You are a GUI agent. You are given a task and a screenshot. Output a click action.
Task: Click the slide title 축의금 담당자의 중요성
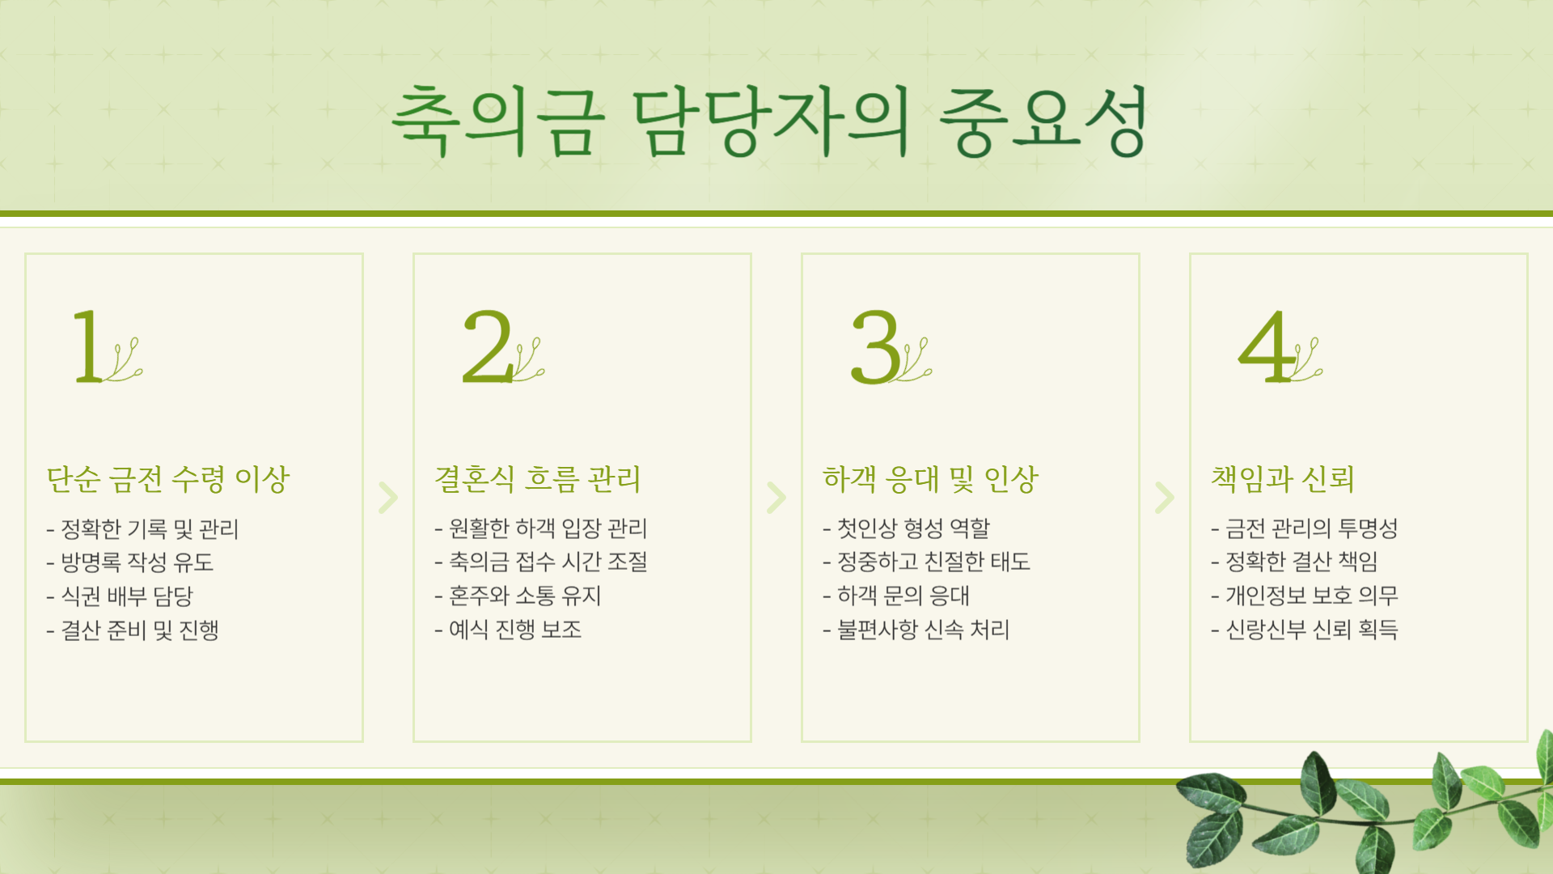click(768, 121)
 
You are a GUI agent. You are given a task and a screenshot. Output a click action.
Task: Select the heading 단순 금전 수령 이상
click(167, 479)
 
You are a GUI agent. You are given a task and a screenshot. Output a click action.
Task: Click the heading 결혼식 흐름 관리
click(537, 479)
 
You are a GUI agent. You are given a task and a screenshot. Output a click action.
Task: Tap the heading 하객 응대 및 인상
click(930, 479)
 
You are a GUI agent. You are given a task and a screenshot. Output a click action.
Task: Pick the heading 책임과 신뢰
click(1282, 479)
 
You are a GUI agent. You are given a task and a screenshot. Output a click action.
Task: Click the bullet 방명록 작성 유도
click(136, 562)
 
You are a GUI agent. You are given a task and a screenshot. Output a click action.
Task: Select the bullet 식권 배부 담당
click(126, 596)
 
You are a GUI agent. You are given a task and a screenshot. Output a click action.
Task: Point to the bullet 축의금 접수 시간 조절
click(548, 562)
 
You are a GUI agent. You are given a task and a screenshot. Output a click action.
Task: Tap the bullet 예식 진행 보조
click(514, 630)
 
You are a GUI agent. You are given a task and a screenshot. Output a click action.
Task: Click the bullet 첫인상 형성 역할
click(912, 528)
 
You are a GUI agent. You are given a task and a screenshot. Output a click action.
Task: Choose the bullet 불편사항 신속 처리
click(922, 630)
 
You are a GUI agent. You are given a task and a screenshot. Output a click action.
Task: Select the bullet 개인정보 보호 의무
click(1311, 596)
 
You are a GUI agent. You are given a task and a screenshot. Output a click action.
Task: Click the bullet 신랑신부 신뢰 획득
click(1311, 630)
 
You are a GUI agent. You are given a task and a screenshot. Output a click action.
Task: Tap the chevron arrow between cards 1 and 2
click(388, 498)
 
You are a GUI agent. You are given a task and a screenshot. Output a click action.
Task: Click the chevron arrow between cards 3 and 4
click(1165, 498)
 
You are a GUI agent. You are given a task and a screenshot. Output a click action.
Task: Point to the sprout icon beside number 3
click(916, 361)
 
